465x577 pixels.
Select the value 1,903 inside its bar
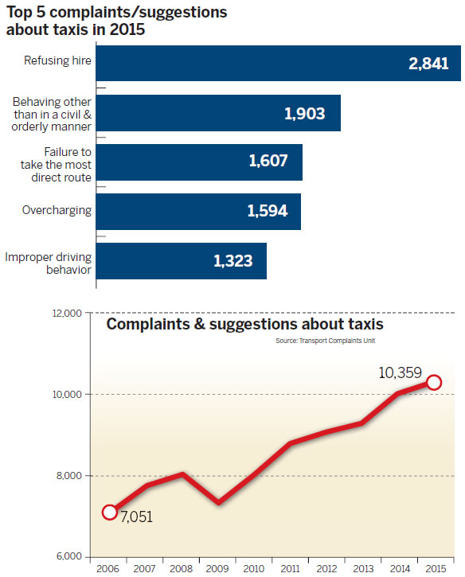pyautogui.click(x=304, y=113)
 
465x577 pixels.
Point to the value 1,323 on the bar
pyautogui.click(x=234, y=260)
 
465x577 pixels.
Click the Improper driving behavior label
pyautogui.click(x=48, y=263)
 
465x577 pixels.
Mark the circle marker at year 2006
pyautogui.click(x=110, y=512)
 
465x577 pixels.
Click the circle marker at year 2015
pyautogui.click(x=434, y=383)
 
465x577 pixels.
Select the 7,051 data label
pyautogui.click(x=136, y=517)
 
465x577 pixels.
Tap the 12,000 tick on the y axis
pyautogui.click(x=68, y=314)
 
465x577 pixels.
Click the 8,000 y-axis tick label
pyautogui.click(x=70, y=476)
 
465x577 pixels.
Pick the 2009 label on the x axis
pyautogui.click(x=217, y=568)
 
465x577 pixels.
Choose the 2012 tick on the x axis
pyautogui.click(x=326, y=568)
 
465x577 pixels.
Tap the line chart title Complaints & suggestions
pyautogui.click(x=245, y=325)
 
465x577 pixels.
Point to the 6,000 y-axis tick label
pyautogui.click(x=70, y=556)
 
